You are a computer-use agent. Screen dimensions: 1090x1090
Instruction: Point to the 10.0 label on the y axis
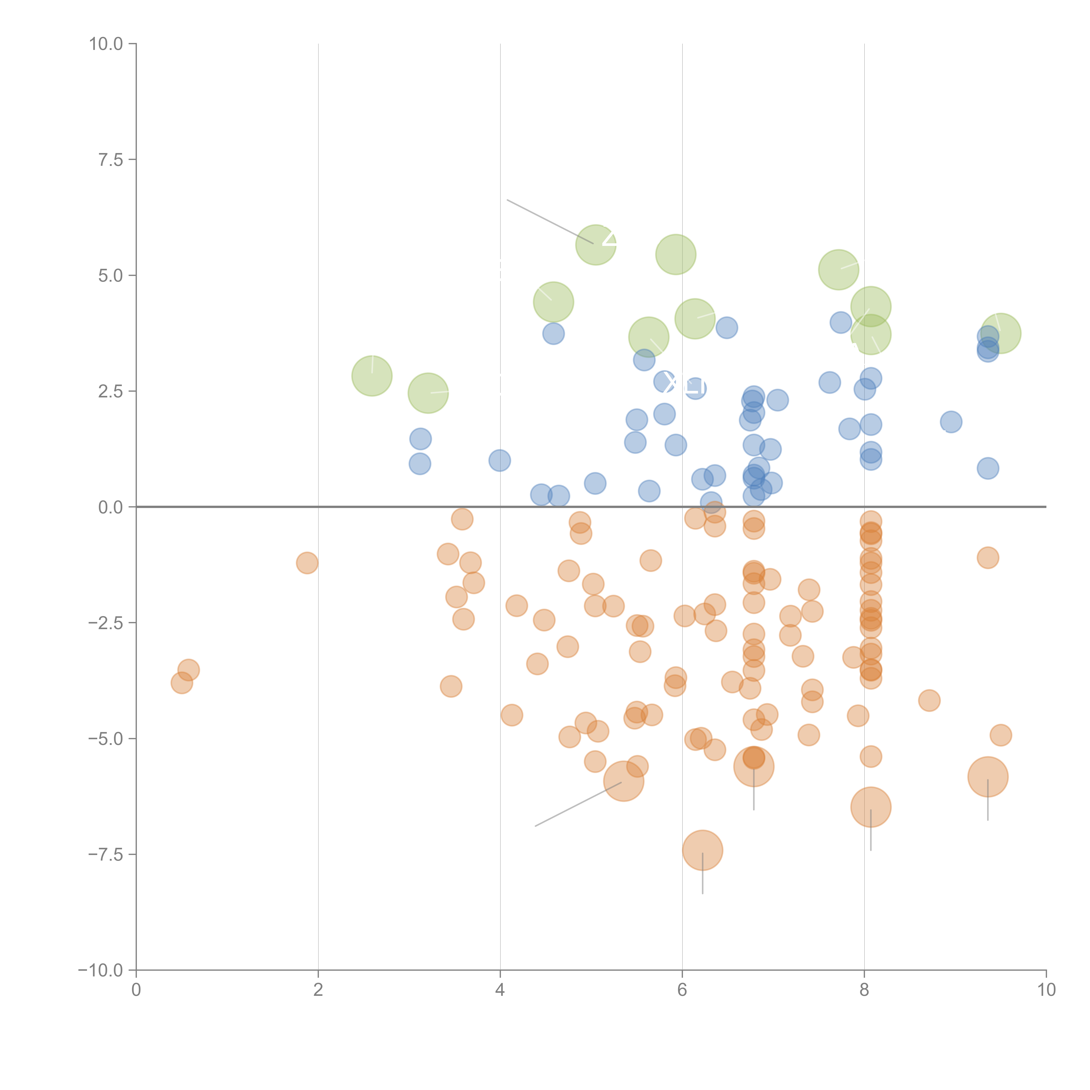pos(106,44)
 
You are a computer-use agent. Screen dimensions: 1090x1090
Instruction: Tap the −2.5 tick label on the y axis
pos(106,623)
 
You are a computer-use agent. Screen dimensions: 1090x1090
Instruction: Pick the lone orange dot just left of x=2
pos(307,562)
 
